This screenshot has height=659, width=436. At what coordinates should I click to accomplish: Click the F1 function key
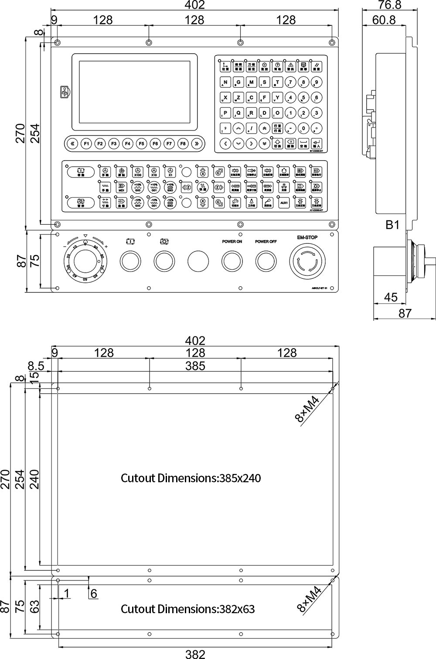pos(86,143)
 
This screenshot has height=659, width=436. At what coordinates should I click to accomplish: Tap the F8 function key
pos(183,143)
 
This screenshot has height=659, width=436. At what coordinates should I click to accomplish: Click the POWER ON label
pos(232,241)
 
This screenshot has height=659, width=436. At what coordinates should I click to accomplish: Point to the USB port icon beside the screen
pos(65,92)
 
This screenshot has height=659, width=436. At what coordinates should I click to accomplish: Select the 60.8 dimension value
pos(384,20)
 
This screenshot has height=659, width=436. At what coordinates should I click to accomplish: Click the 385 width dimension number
pos(195,366)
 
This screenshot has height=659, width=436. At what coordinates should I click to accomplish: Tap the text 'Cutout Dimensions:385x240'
pos(191,478)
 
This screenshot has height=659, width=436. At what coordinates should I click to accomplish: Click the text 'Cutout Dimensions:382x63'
pos(187,609)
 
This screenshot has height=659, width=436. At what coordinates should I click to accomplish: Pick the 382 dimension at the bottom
pos(195,654)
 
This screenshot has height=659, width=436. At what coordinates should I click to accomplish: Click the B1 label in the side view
pos(392,225)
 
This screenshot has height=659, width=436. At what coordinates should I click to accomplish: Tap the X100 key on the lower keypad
pos(137,172)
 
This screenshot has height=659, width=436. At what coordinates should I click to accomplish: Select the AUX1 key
pos(284,203)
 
